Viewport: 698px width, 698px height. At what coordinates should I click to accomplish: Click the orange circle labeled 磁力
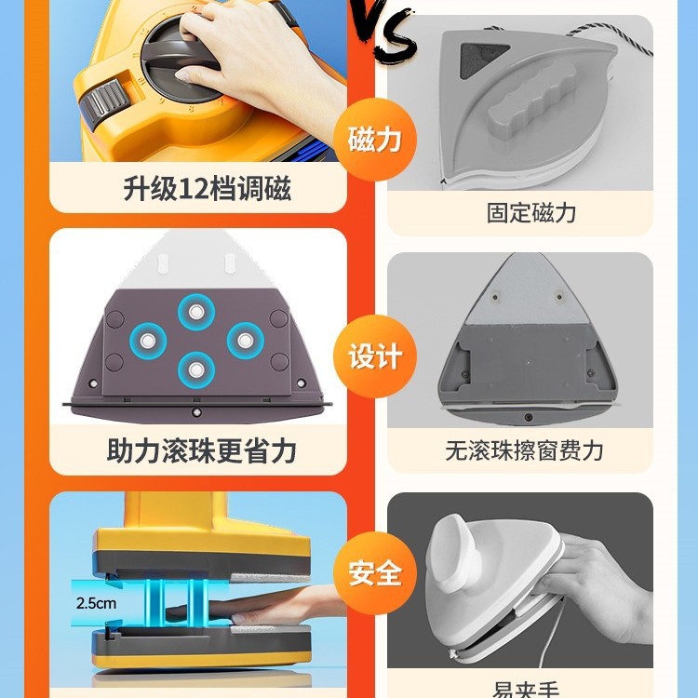tap(374, 140)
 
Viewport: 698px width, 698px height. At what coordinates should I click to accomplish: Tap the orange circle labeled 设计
tap(374, 356)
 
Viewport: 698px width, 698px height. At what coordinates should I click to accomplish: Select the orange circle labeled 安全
tap(374, 572)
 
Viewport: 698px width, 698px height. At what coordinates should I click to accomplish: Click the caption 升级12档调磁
tap(207, 189)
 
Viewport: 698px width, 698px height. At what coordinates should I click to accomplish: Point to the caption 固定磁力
tap(531, 212)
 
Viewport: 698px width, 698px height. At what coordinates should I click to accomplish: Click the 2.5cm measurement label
tap(96, 602)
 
